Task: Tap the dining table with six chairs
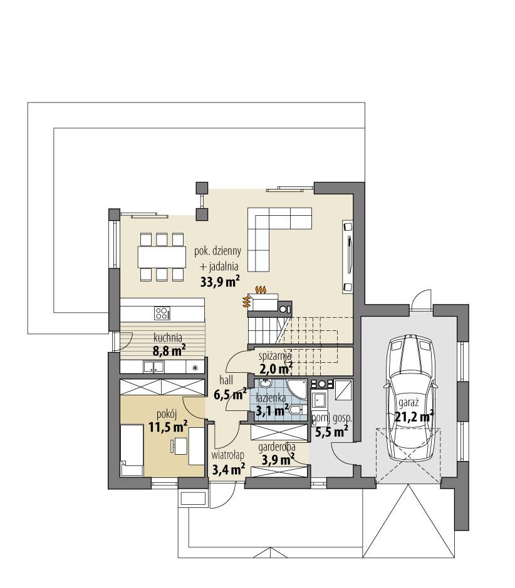tap(162, 256)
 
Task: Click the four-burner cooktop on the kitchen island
tap(162, 312)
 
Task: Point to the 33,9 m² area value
tap(220, 281)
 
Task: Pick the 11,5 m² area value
tap(168, 427)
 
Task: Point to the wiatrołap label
tap(226, 455)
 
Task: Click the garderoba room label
tap(276, 447)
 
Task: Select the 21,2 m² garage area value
tap(414, 416)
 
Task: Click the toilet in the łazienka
tap(298, 410)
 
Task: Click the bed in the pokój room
tap(133, 450)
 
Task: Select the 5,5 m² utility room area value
tap(331, 431)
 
